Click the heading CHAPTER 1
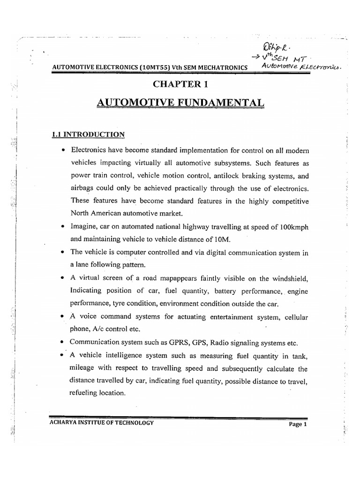point(180,84)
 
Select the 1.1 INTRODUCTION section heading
point(88,135)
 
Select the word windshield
point(286,279)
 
